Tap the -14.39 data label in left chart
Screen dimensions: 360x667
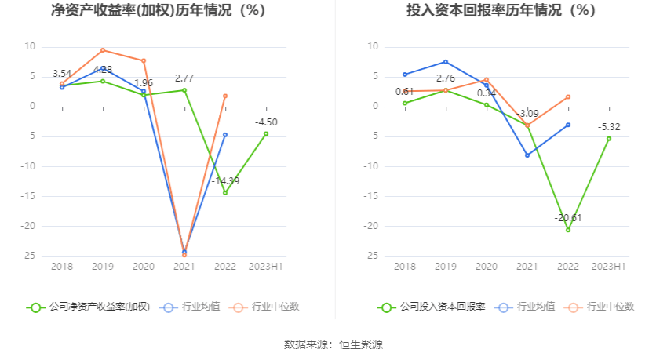(x=225, y=180)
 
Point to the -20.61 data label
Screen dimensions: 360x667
(x=567, y=217)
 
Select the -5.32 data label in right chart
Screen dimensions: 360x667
(x=609, y=126)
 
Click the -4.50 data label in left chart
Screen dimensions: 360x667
(x=266, y=122)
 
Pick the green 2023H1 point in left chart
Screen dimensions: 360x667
(x=266, y=133)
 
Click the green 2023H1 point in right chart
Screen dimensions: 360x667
(x=609, y=139)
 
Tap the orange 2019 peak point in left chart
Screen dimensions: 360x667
(x=103, y=50)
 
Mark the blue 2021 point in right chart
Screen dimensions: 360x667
(x=527, y=155)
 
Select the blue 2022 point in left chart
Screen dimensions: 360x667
(x=225, y=135)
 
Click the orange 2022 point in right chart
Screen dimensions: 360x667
(x=568, y=96)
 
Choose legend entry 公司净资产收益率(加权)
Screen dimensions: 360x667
(x=88, y=307)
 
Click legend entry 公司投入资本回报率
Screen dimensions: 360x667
(x=432, y=307)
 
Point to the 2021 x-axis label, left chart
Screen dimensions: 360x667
(x=184, y=267)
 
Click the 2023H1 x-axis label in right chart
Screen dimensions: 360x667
(x=609, y=267)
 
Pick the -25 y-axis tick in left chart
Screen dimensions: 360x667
(x=28, y=256)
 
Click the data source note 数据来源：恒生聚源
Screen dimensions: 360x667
(x=333, y=344)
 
